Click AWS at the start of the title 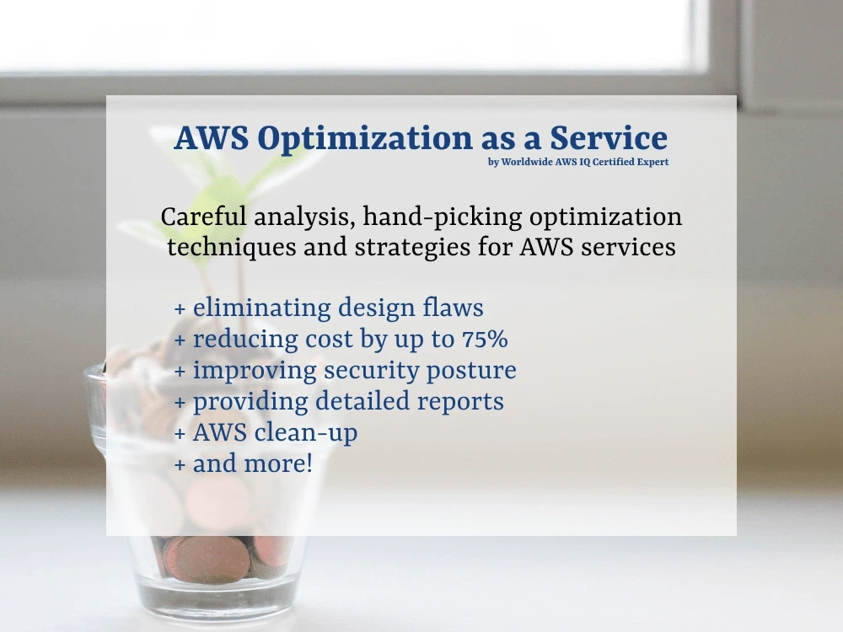click(211, 138)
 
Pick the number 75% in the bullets click(484, 340)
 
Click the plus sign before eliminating click(180, 309)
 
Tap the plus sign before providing click(180, 402)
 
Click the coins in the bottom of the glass click(215, 556)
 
